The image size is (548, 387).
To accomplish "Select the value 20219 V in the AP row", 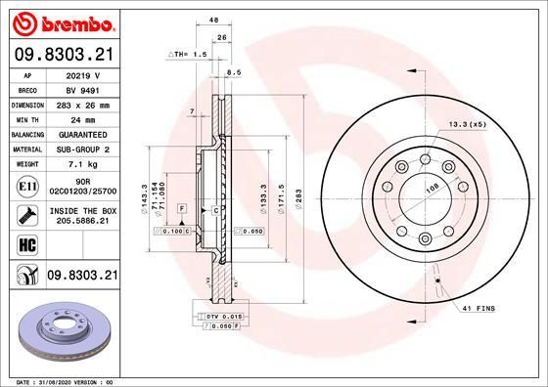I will click(x=84, y=75).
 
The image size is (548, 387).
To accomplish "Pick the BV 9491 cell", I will click(x=84, y=90).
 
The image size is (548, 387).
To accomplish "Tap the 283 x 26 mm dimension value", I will click(x=84, y=105).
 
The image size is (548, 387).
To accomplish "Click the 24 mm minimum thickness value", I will click(x=84, y=119).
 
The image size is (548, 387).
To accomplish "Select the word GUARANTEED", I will click(x=84, y=134).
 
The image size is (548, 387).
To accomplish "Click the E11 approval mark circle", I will click(x=27, y=183).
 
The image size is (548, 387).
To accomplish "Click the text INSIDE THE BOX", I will click(x=84, y=211).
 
